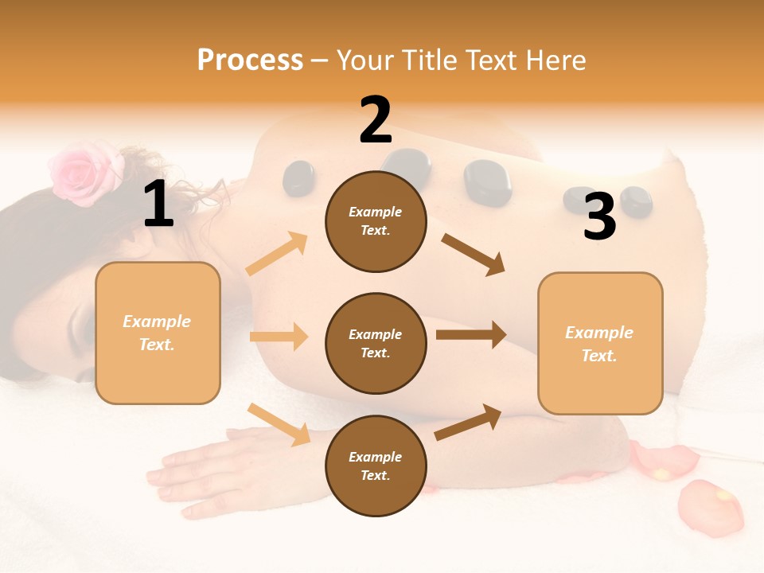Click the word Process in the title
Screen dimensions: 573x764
pyautogui.click(x=250, y=60)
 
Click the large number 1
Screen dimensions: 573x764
pyautogui.click(x=158, y=204)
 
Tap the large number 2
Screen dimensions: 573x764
pyautogui.click(x=376, y=120)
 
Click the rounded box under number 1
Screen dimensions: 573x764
pyautogui.click(x=158, y=333)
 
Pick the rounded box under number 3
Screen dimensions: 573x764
pyautogui.click(x=600, y=343)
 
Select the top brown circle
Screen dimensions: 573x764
pyautogui.click(x=376, y=221)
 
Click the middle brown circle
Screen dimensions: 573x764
pyautogui.click(x=376, y=343)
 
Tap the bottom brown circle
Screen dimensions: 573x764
pyautogui.click(x=376, y=466)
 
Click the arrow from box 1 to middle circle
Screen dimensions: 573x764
pyautogui.click(x=279, y=337)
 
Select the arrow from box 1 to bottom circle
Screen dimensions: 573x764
pyautogui.click(x=279, y=424)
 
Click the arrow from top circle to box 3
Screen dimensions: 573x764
pyautogui.click(x=473, y=254)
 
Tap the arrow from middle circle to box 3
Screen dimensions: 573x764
pyautogui.click(x=471, y=334)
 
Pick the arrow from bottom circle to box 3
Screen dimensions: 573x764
pyautogui.click(x=469, y=422)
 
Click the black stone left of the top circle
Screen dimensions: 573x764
pyautogui.click(x=299, y=177)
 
